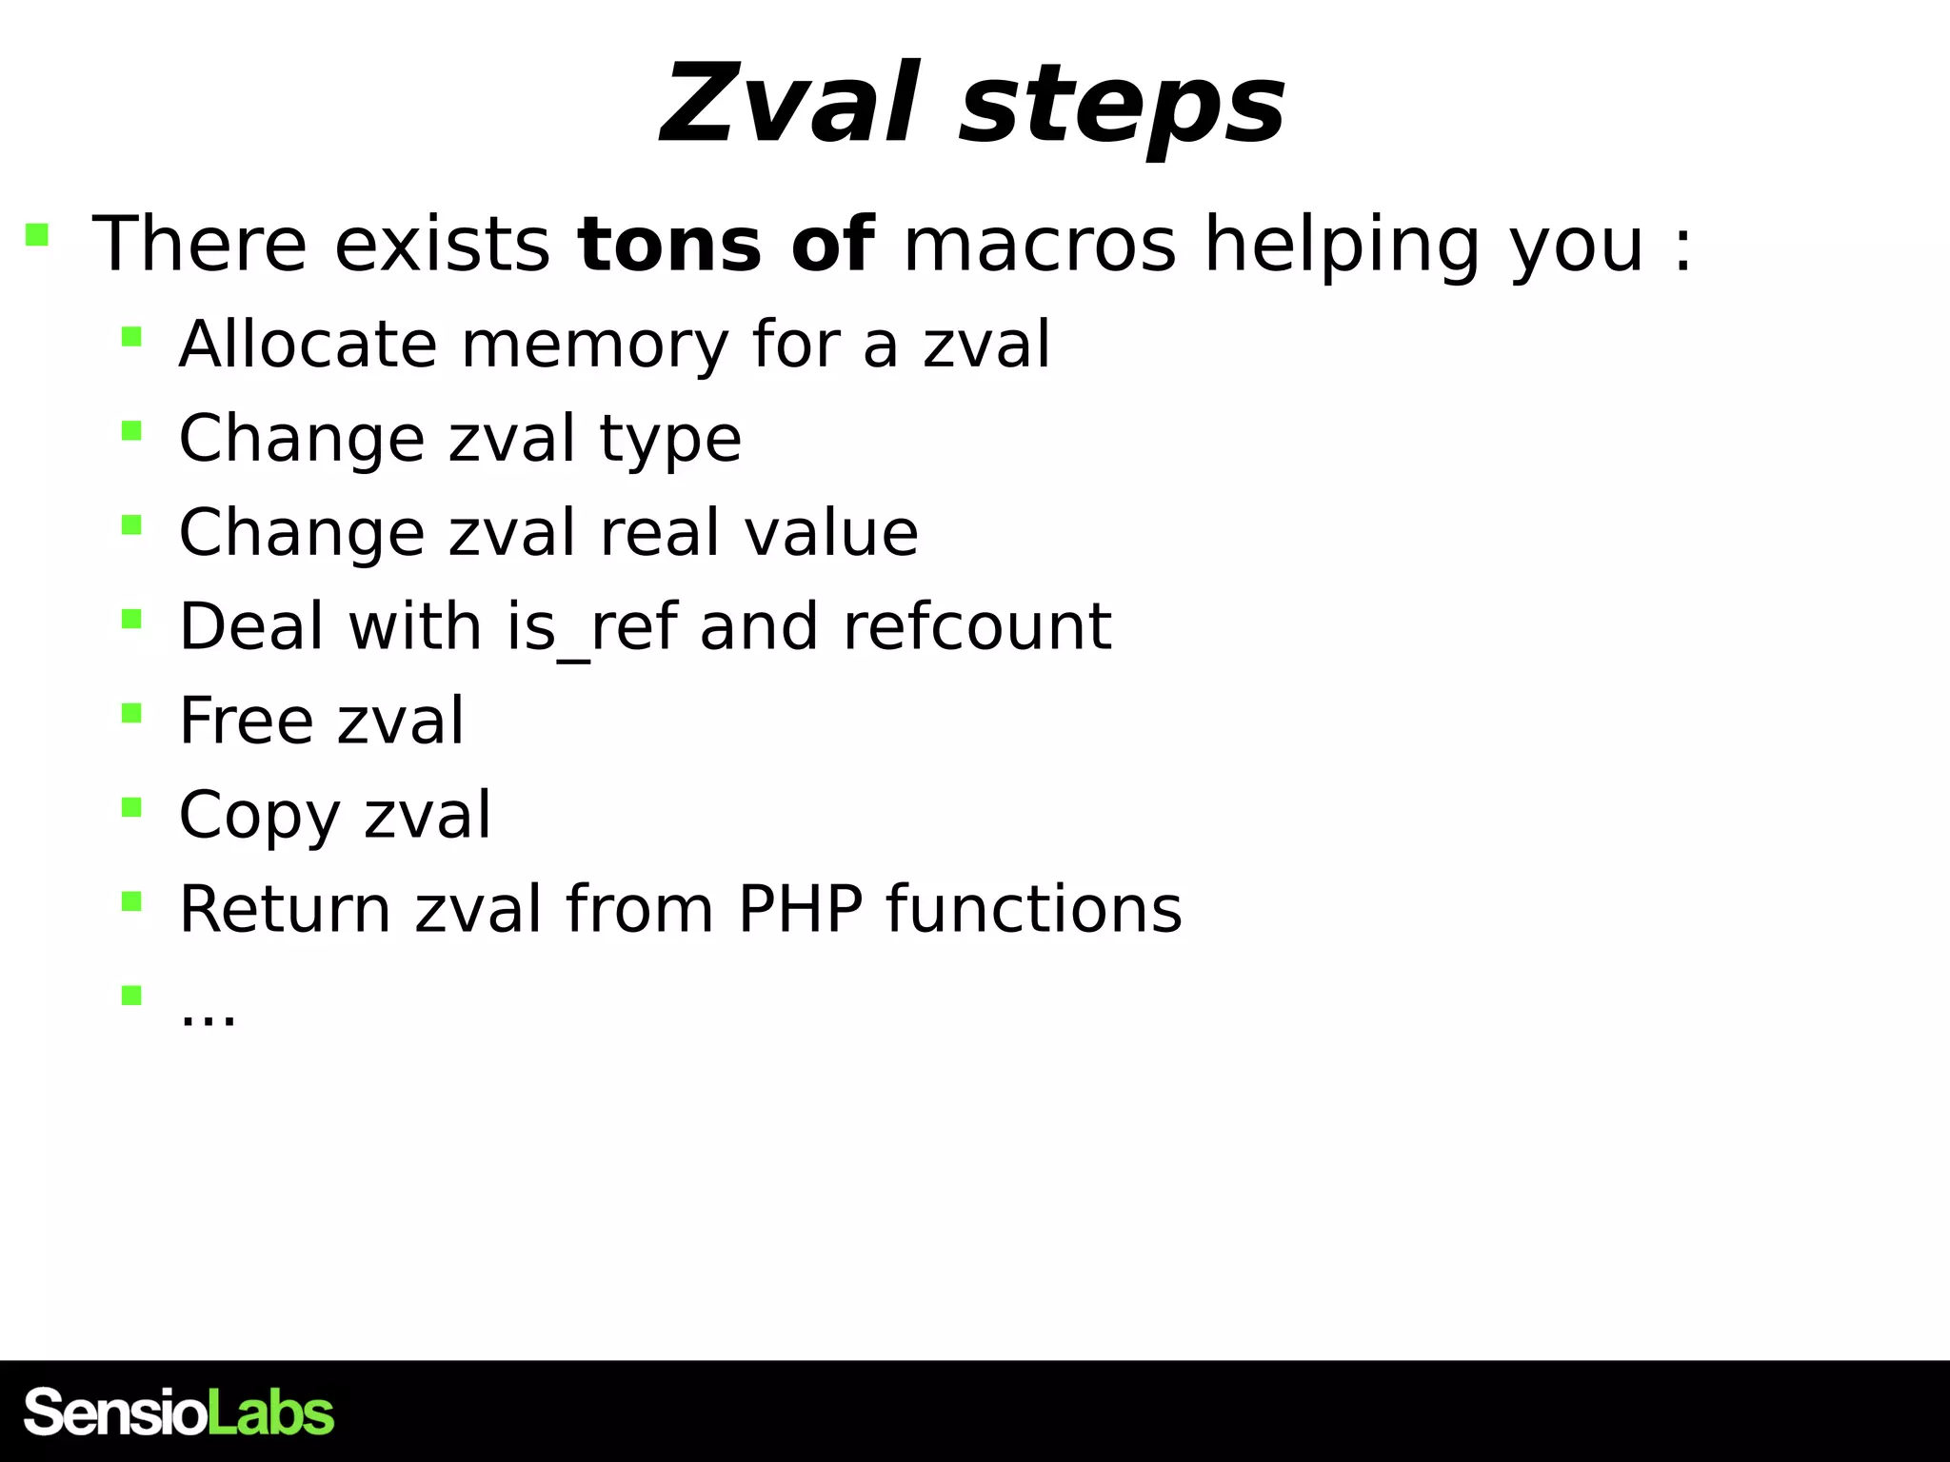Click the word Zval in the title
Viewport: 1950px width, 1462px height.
[x=790, y=103]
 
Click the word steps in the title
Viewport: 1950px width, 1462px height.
[x=1124, y=107]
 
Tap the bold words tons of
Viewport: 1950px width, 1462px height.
[x=726, y=245]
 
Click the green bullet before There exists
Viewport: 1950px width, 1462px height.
[x=37, y=234]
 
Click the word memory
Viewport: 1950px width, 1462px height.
[x=595, y=346]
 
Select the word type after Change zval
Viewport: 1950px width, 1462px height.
[x=670, y=441]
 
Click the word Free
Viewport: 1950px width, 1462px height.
[x=246, y=721]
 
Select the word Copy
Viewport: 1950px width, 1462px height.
[x=258, y=817]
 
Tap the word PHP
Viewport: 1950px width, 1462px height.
[x=800, y=909]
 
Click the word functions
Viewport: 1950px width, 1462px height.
[x=1034, y=909]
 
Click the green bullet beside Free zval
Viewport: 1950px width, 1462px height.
[x=131, y=713]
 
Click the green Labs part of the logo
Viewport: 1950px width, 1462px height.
[x=271, y=1413]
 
